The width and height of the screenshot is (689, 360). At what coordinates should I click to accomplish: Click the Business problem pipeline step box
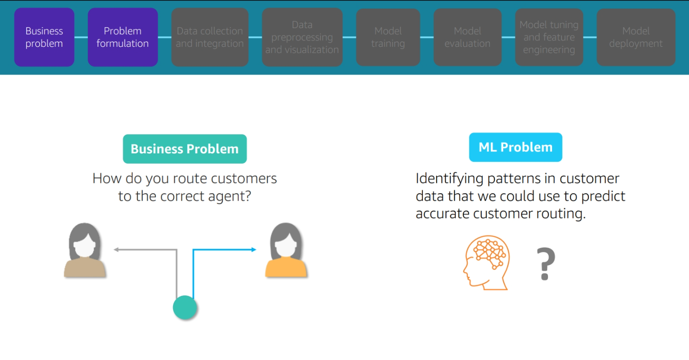44,37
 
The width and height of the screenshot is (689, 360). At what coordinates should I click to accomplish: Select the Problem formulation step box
123,37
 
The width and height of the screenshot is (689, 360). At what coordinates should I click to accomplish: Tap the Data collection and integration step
209,37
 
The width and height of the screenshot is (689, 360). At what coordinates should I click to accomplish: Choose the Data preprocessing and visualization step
302,37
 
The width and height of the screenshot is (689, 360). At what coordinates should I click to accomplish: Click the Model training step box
388,37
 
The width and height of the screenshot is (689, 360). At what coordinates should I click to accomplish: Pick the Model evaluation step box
467,37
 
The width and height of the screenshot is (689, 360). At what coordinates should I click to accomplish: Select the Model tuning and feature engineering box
549,37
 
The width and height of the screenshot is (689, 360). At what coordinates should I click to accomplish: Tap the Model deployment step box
636,37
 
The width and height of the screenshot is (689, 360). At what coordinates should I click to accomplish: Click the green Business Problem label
185,149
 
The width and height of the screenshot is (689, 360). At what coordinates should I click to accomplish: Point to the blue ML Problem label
516,147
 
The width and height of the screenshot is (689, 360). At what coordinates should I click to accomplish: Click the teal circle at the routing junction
185,307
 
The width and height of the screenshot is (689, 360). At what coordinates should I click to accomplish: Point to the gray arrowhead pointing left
116,250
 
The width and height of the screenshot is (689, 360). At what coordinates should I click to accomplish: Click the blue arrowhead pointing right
254,250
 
